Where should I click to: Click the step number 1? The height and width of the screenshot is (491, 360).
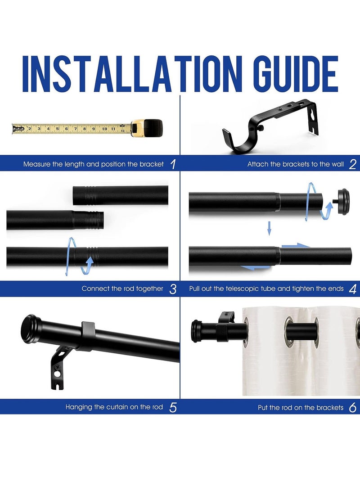pos(173,164)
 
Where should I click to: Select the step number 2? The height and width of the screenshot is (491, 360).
pos(352,164)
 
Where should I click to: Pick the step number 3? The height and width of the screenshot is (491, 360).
pos(173,289)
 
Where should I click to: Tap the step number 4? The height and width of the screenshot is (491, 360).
pos(352,289)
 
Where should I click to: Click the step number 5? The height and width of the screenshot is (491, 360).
pos(173,408)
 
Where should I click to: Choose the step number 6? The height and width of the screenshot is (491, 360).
pos(352,408)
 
